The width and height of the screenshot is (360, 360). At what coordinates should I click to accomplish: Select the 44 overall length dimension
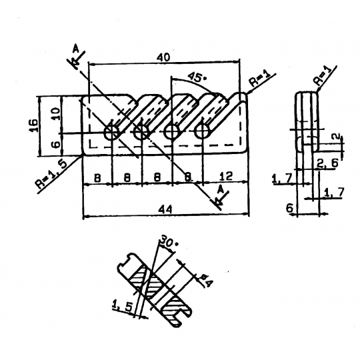click(168, 209)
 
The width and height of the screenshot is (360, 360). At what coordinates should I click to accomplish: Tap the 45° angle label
click(196, 77)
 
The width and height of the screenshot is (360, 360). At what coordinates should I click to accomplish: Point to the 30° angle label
click(169, 243)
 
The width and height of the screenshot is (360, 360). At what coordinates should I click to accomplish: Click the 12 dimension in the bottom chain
click(226, 176)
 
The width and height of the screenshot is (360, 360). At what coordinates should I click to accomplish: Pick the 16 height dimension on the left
click(35, 125)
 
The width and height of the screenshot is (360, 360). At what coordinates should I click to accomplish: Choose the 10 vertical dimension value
click(57, 114)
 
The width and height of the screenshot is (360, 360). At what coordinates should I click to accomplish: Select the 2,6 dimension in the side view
click(327, 163)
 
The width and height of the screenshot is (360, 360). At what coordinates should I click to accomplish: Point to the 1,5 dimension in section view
click(123, 306)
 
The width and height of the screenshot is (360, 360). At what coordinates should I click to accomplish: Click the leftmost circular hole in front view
click(112, 133)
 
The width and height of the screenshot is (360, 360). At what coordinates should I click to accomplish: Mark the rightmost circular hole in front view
click(202, 132)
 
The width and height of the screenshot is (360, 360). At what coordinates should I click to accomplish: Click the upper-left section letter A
click(76, 48)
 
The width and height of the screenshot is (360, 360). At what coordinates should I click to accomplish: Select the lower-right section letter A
click(221, 189)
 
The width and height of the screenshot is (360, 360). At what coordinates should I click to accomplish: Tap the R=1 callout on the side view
click(322, 76)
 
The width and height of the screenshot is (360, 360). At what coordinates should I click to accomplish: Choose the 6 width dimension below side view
click(290, 209)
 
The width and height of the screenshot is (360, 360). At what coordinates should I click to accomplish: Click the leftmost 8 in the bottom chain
click(97, 178)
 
